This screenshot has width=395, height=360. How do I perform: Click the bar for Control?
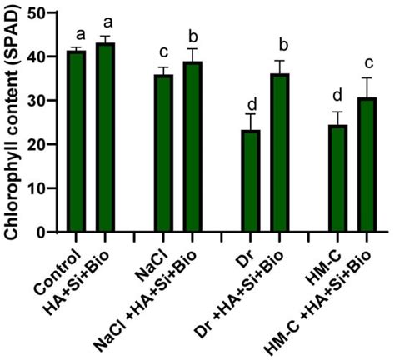[x=77, y=141]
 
